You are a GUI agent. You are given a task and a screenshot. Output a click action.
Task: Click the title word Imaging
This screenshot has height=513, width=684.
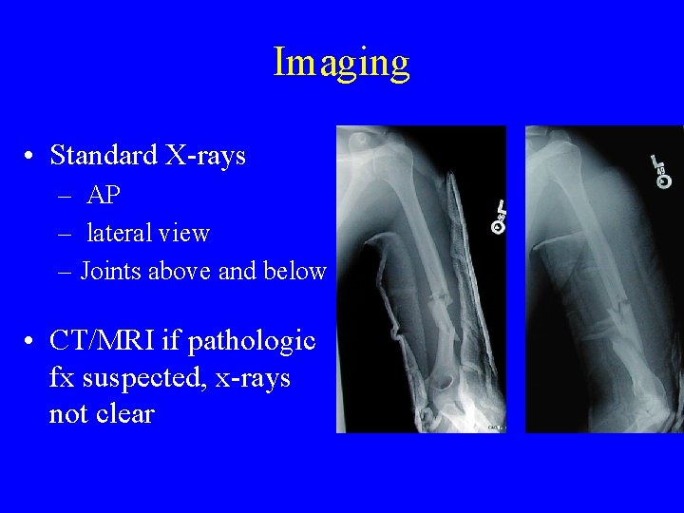(341, 64)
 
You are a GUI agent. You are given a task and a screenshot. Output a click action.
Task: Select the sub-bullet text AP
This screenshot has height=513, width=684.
(103, 195)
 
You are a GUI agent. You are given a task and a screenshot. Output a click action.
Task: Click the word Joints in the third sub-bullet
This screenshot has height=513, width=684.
(107, 271)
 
